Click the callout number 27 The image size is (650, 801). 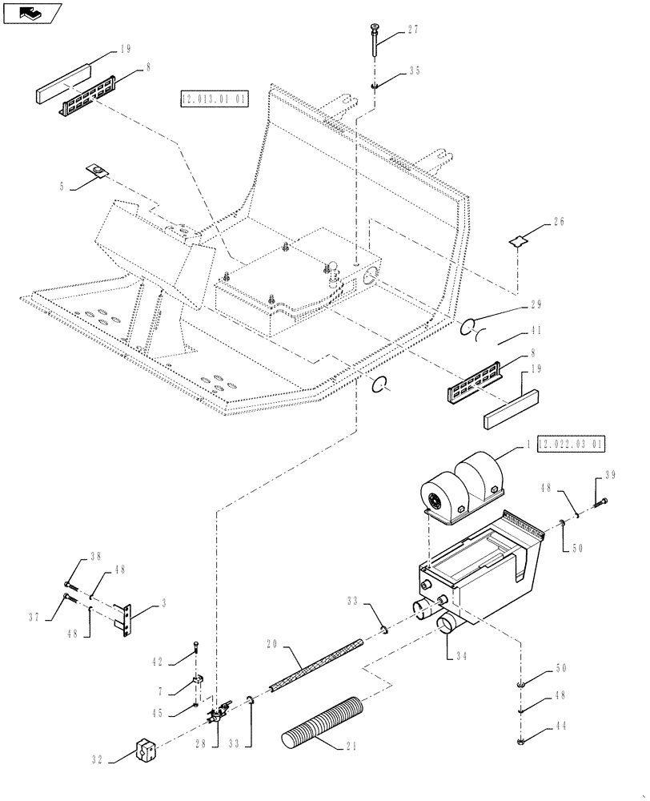413,30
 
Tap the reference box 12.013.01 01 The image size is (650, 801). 215,99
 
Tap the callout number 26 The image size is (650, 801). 558,223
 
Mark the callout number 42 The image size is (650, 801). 159,662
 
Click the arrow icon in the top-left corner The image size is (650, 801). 32,12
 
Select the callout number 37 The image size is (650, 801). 35,618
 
